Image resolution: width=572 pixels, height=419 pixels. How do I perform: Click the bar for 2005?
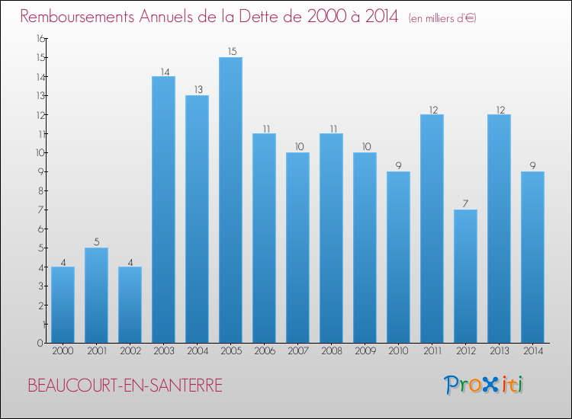230,200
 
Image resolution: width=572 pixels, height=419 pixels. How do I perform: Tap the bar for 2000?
63,305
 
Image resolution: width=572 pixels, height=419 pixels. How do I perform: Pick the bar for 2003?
163,209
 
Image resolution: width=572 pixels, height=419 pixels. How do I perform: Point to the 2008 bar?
331,238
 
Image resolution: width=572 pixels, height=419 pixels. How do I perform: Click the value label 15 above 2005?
230,52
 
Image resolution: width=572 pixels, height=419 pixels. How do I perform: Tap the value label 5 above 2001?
96,242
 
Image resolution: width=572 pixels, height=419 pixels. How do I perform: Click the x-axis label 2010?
398,351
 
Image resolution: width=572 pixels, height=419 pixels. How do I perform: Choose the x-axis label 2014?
532,351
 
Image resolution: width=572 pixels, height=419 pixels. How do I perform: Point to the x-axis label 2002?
130,351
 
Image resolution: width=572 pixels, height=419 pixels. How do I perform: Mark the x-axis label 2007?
297,351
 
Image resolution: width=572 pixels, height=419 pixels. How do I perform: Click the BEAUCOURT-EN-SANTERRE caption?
125,386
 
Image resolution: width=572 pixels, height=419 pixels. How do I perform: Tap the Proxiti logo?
484,385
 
